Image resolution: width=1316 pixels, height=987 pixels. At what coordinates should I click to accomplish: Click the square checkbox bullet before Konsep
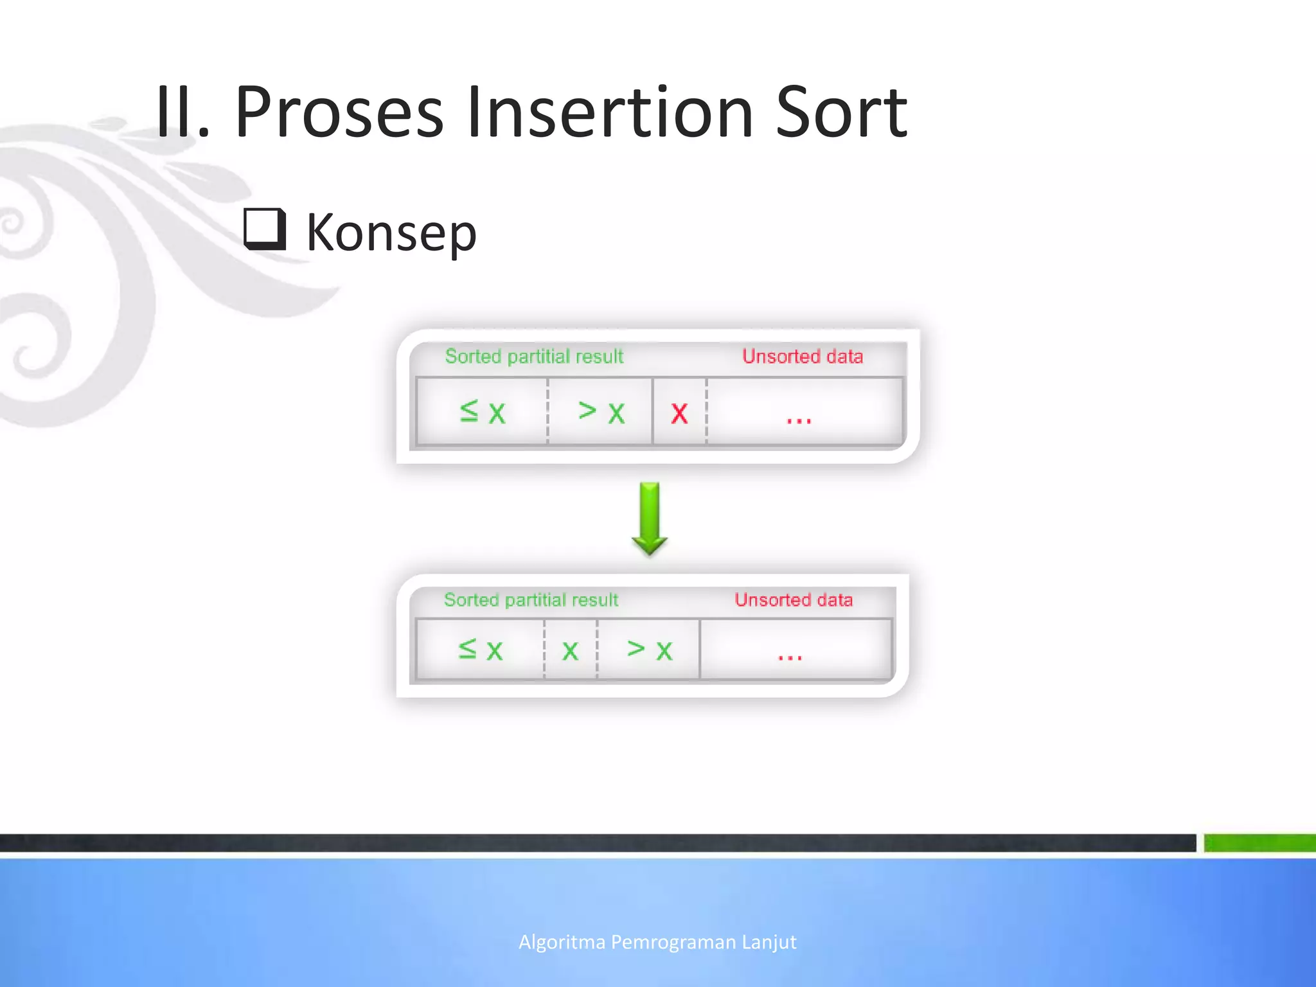(265, 229)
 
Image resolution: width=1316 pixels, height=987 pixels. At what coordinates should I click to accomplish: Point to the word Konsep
(391, 233)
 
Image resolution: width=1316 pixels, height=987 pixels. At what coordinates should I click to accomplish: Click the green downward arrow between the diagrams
(650, 518)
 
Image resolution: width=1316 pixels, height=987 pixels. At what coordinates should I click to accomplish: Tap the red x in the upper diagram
(679, 413)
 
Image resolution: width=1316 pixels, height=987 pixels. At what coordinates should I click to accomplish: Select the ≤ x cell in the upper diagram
(483, 411)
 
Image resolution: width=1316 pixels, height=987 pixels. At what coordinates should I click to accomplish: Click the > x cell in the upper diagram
(601, 411)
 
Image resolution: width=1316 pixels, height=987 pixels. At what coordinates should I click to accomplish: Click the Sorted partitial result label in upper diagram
(534, 356)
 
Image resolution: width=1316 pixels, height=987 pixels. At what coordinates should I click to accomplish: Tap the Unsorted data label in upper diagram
(803, 356)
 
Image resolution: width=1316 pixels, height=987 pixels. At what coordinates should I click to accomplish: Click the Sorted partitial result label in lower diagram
(531, 600)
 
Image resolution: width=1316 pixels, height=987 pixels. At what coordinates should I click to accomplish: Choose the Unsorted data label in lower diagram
(794, 600)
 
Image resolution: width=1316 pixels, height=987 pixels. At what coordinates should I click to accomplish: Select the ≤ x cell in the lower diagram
(480, 650)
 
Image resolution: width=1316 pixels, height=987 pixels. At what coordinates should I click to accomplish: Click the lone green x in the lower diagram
(570, 651)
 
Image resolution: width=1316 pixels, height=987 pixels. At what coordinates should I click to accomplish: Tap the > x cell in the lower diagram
(650, 650)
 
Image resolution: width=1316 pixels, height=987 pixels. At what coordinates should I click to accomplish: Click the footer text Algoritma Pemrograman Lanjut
(657, 942)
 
